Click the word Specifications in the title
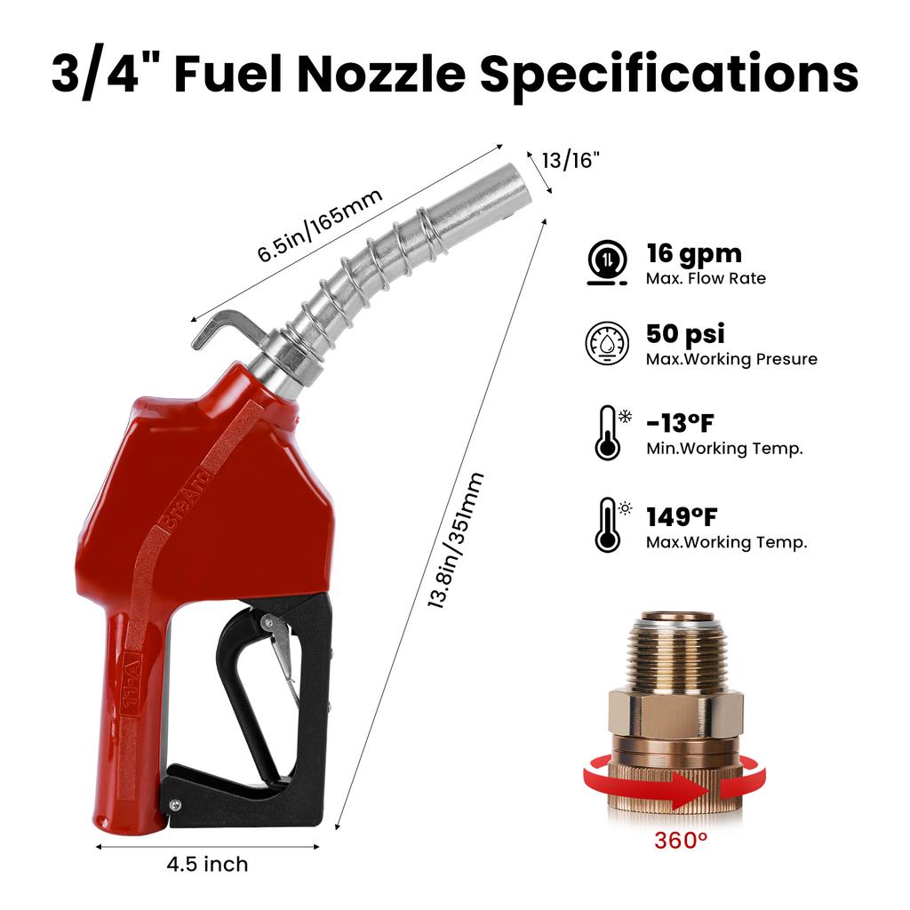pos(669,75)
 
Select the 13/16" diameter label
pos(571,160)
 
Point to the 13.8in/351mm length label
pos(455,539)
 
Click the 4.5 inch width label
pos(207,864)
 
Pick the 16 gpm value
pos(693,253)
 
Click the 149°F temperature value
pos(682,515)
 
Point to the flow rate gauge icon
pos(607,262)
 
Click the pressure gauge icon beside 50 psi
pos(607,343)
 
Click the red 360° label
pos(681,840)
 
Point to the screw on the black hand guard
pos(176,805)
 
